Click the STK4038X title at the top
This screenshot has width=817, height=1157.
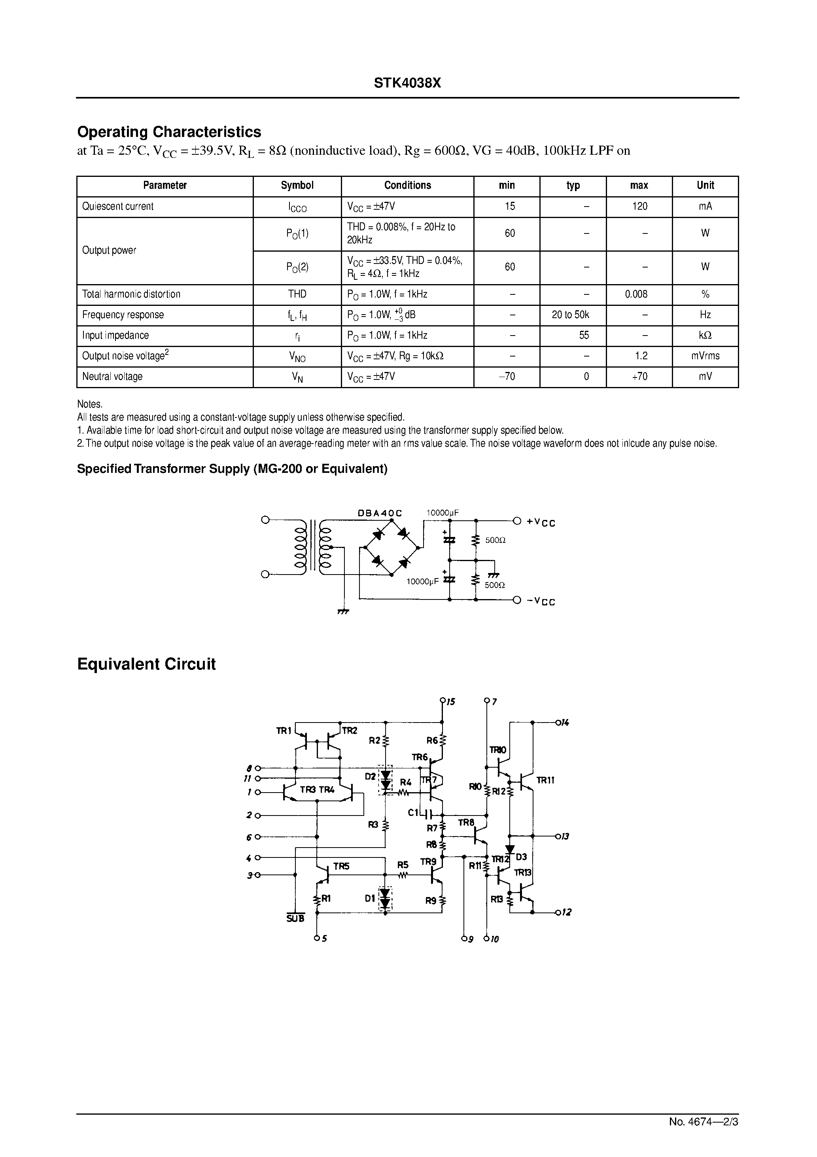pyautogui.click(x=407, y=83)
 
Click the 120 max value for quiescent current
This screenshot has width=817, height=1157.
pyautogui.click(x=639, y=206)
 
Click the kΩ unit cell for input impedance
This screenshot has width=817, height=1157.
pyautogui.click(x=705, y=336)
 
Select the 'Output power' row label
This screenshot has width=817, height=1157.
pyautogui.click(x=109, y=250)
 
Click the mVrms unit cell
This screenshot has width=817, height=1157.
pyautogui.click(x=705, y=356)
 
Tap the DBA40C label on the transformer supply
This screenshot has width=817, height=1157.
pyautogui.click(x=380, y=513)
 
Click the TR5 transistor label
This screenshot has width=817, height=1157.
pyautogui.click(x=341, y=866)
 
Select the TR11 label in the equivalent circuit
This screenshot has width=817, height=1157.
pyautogui.click(x=545, y=780)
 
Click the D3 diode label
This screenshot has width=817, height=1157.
pyautogui.click(x=521, y=857)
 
